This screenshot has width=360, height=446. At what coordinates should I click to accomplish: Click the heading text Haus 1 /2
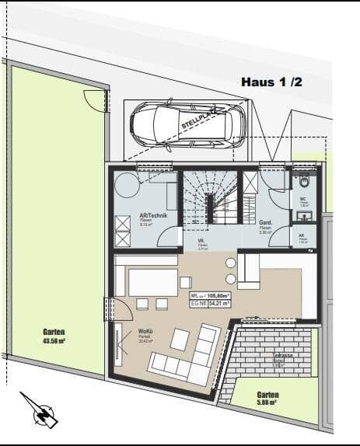pos(273,82)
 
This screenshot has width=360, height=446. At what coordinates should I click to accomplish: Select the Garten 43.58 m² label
pos(54,336)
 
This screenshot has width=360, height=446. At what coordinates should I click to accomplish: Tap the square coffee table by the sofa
pos(180,339)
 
